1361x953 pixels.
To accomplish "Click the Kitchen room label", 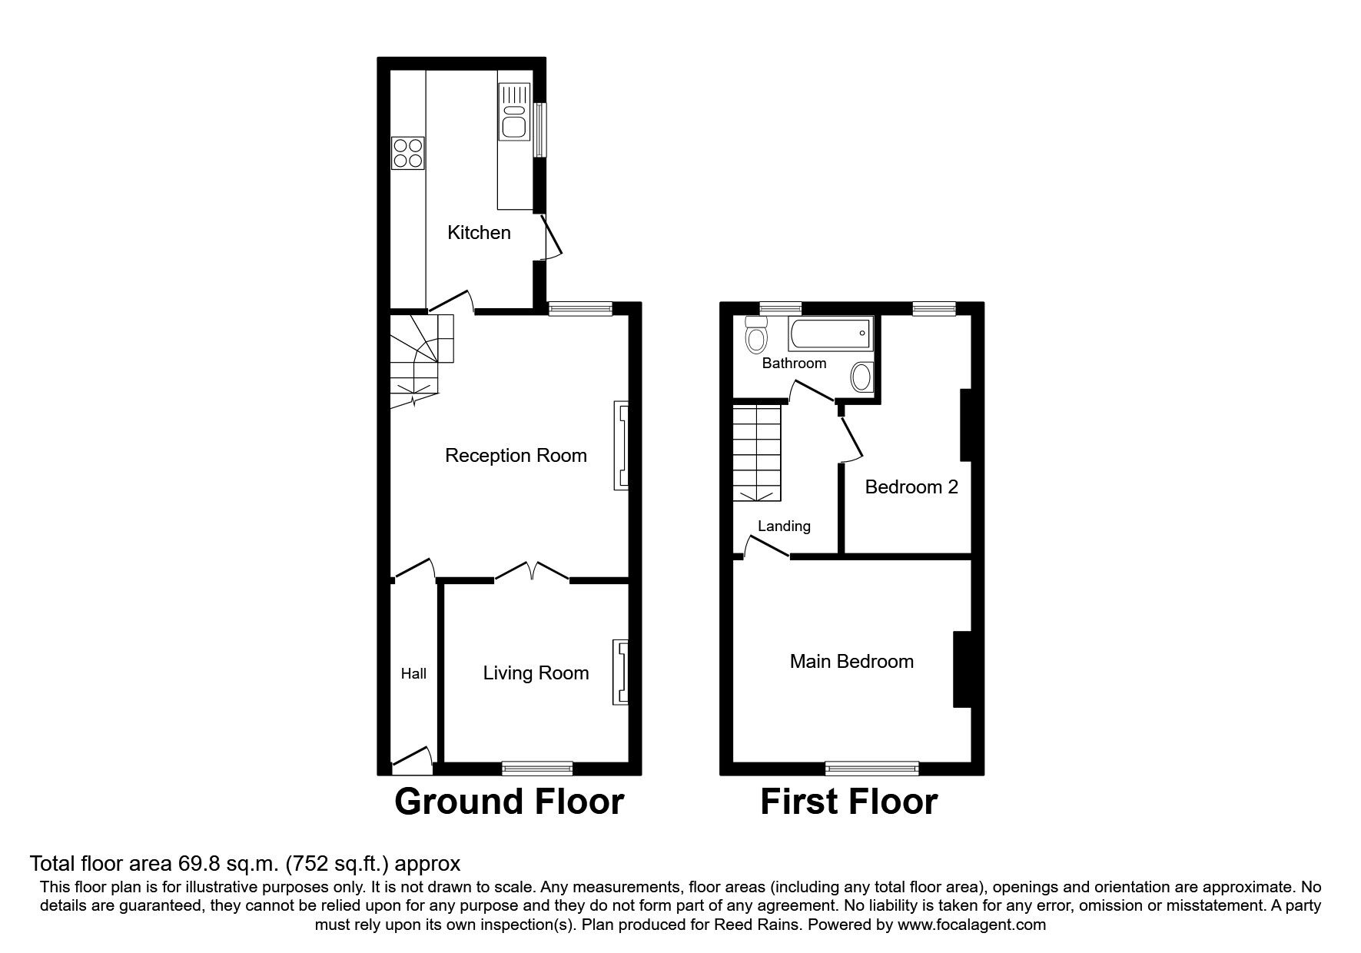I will coord(479,233).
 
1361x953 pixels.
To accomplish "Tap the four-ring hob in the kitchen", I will coord(408,152).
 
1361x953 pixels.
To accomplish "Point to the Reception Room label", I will coord(516,456).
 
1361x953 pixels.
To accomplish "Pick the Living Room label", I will coord(536,673).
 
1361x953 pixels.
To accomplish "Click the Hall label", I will coord(413,674).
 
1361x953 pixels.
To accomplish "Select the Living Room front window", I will coord(537,767).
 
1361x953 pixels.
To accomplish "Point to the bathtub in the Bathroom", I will coord(830,334).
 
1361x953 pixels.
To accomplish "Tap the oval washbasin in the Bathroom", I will coord(861,377).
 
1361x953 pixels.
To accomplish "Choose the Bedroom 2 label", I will coord(911,487).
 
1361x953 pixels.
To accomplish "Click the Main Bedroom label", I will coord(851,662).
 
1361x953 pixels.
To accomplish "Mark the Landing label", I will coord(784,526).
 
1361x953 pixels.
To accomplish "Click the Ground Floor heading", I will coord(509,802).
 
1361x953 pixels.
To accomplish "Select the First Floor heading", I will coord(848,802).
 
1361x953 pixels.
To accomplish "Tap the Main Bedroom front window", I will coord(871,767).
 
